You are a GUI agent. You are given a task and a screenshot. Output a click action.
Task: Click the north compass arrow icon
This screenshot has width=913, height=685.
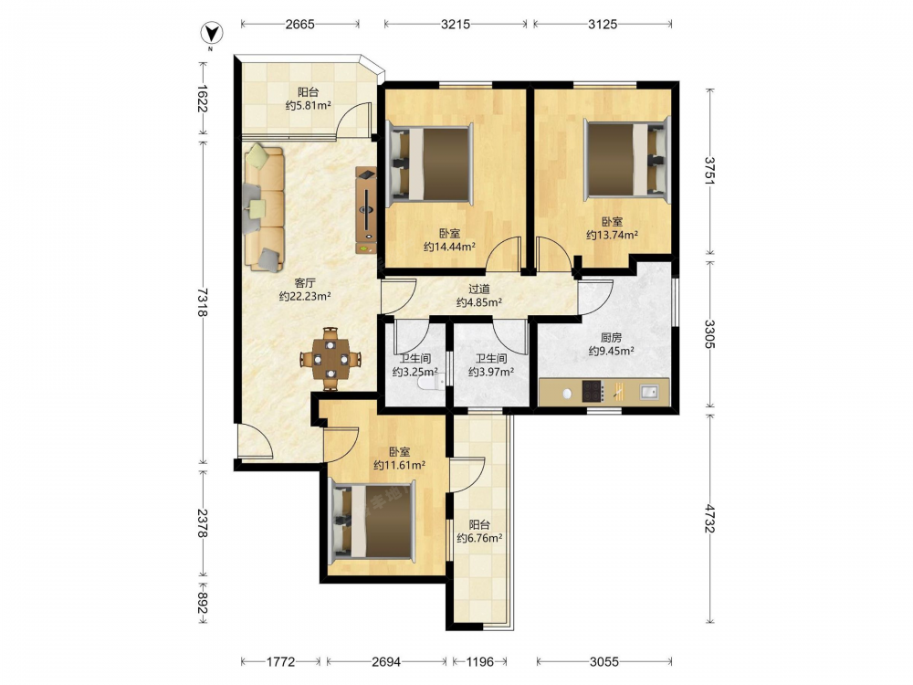pos(212,34)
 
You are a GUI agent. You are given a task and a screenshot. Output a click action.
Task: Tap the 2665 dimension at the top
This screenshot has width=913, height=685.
pos(299,24)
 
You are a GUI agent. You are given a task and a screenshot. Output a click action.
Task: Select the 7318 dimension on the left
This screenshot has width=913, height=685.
pos(202,302)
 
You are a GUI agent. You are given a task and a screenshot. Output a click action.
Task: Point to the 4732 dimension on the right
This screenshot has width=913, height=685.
pos(709,519)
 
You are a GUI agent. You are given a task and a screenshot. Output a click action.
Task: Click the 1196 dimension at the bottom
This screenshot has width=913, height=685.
pos(480,661)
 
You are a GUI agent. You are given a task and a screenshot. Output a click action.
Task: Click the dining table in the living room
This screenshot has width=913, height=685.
pos(331,359)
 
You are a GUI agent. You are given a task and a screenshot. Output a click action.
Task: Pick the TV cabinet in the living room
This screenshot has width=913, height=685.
pos(366,210)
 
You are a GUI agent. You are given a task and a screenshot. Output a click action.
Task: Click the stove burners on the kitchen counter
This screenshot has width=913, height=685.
pos(593,392)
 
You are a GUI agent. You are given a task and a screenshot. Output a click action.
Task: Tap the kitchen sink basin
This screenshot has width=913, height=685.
pos(649,392)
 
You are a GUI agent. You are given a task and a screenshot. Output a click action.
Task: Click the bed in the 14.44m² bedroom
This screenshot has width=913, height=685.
pos(430,164)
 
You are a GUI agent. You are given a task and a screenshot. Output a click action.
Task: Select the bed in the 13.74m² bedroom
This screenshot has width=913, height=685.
pos(627,159)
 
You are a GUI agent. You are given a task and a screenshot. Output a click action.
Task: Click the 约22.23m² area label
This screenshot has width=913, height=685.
pos(305,296)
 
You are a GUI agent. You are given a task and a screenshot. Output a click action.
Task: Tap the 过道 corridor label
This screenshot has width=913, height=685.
pos(479,289)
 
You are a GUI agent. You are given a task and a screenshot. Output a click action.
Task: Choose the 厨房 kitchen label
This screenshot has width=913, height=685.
pos(611,337)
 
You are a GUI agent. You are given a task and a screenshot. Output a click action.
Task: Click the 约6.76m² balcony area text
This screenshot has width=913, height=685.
pos(479,538)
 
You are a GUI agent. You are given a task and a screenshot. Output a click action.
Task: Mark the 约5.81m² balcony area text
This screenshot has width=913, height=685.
pos(308,105)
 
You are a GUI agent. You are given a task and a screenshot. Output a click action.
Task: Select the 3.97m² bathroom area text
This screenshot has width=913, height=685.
pos(491,372)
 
